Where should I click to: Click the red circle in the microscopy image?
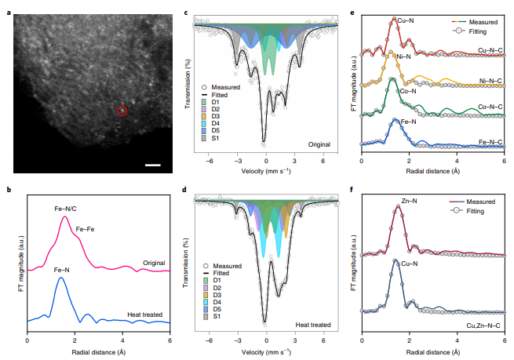[x=122, y=111]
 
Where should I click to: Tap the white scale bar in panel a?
[x=153, y=165]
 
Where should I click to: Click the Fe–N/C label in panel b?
[x=66, y=209]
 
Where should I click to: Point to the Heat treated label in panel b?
[x=146, y=314]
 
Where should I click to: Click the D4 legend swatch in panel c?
[x=204, y=122]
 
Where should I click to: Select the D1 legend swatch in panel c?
[x=204, y=101]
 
